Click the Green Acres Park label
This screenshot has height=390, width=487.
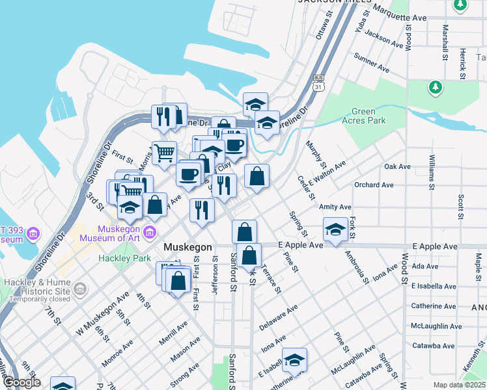click(369, 116)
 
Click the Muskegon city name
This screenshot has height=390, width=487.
click(188, 248)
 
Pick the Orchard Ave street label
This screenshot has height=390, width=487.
click(374, 185)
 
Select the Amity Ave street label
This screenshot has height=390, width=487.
click(335, 207)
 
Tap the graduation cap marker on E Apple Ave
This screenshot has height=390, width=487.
click(335, 229)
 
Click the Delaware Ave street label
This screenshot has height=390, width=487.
click(278, 316)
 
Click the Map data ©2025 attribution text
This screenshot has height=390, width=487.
click(459, 385)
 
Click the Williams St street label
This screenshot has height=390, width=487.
click(432, 171)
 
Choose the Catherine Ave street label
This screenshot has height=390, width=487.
click(433, 305)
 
